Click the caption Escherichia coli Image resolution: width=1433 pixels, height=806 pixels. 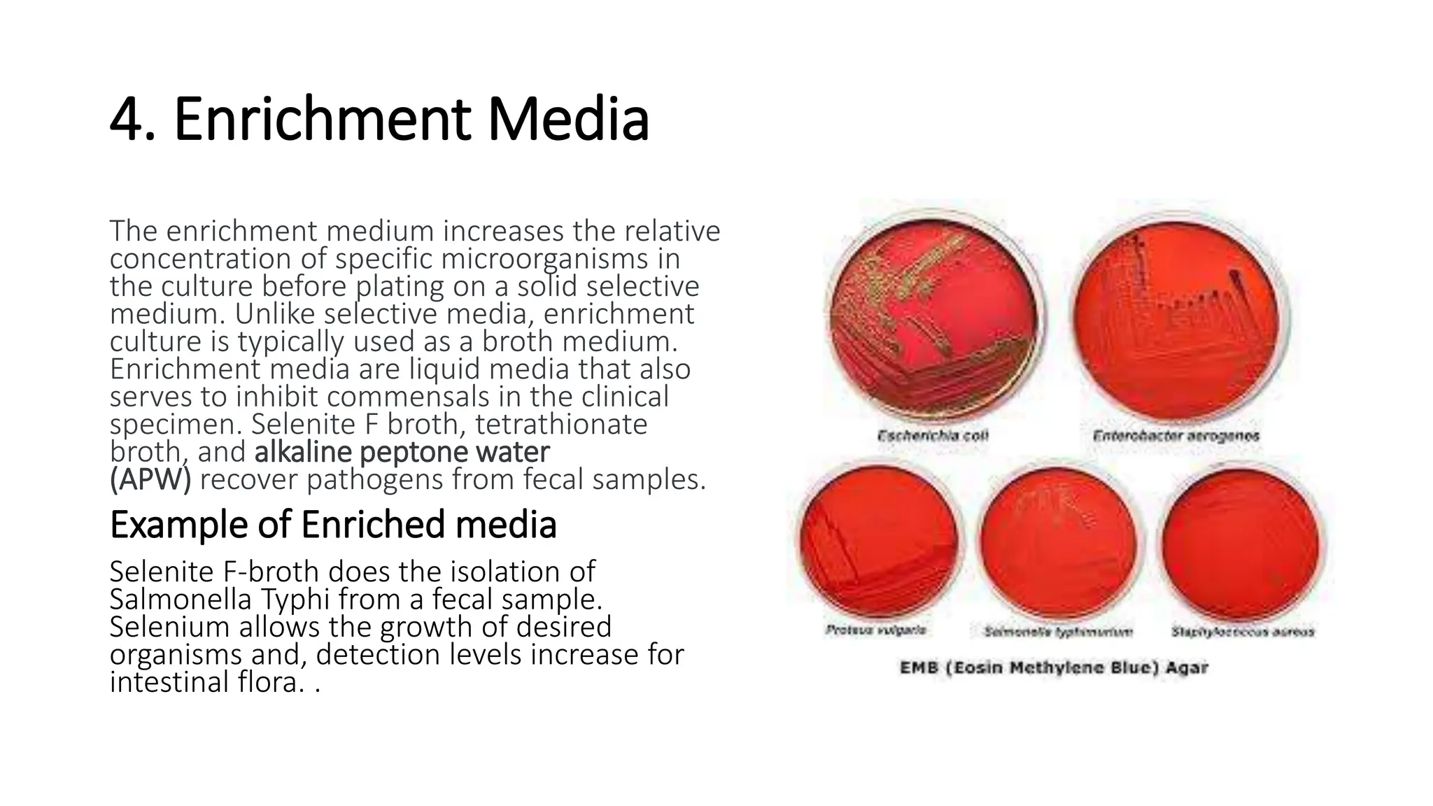tap(933, 436)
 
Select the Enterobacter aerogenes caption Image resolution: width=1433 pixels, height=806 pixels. tap(1176, 436)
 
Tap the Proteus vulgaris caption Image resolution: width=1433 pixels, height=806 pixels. tap(875, 630)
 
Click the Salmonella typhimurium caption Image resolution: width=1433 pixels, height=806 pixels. tap(1058, 632)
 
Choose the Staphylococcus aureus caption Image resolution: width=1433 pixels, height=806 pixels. tap(1243, 632)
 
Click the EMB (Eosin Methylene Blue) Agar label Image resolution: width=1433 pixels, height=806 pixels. tap(1054, 667)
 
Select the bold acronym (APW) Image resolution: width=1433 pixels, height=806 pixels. tap(150, 480)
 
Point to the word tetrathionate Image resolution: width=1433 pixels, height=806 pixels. tap(561, 425)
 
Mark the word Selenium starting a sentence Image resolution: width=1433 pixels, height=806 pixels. tap(169, 627)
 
